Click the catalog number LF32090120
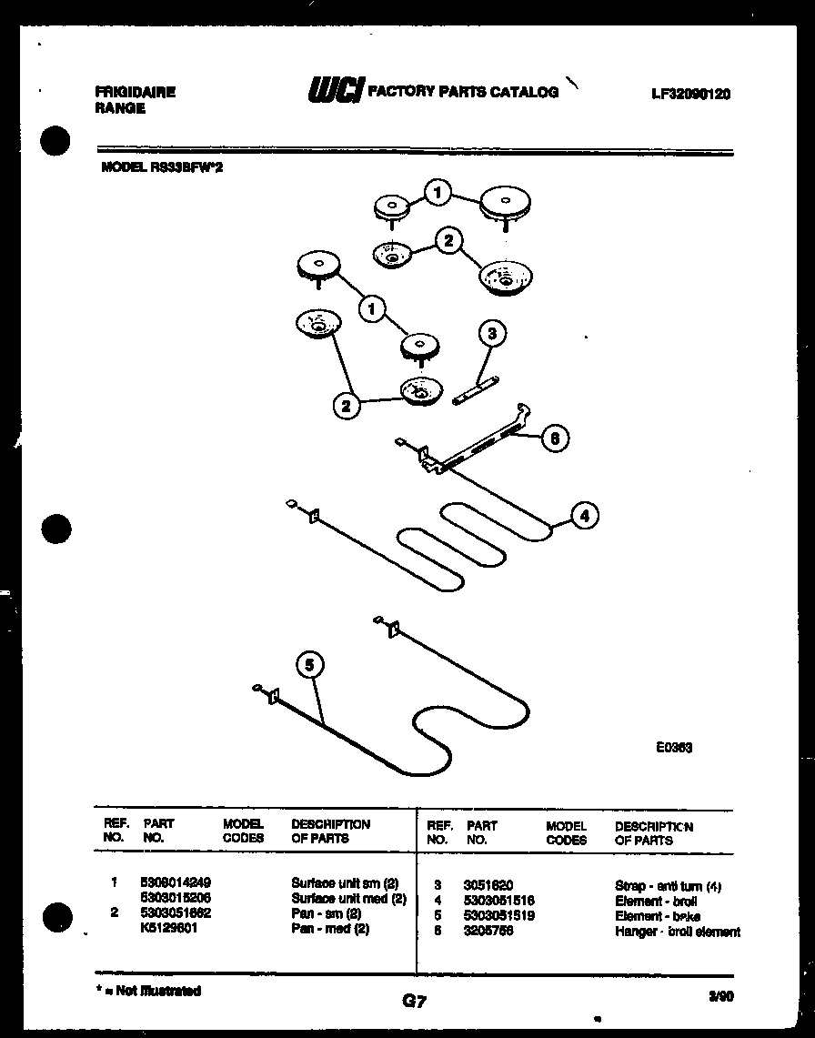coord(690,94)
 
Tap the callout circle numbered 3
coord(491,334)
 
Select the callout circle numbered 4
coord(585,516)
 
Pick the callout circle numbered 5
coord(309,666)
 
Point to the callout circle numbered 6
coord(555,438)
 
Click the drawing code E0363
coord(674,748)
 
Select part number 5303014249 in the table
coord(176,882)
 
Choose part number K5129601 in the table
coord(170,929)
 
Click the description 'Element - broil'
coord(656,901)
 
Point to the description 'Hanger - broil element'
coord(677,932)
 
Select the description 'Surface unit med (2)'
coord(347,898)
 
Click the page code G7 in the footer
coord(414,1002)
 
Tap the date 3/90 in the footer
coord(720,997)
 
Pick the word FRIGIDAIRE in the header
coord(135,92)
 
